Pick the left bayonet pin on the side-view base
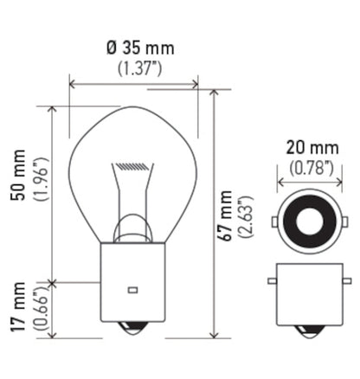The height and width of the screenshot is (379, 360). pyautogui.click(x=273, y=283)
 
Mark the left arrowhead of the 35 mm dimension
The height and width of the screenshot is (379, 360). pyautogui.click(x=72, y=85)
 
